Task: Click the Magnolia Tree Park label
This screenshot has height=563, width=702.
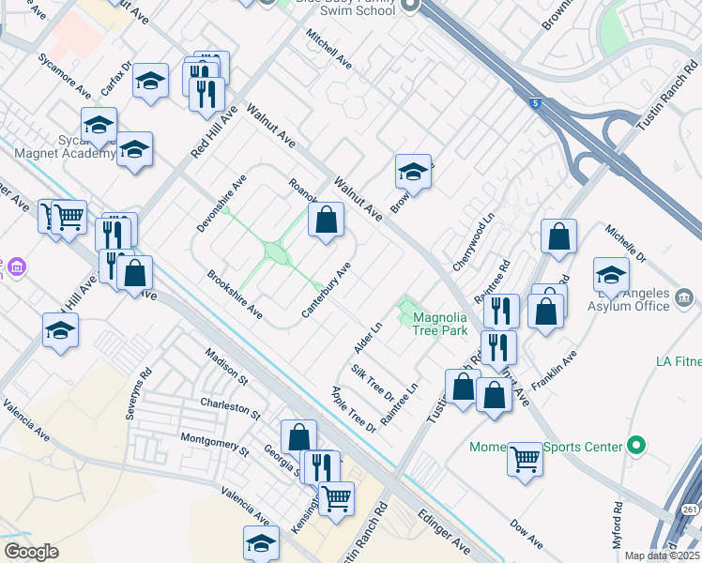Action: (440, 324)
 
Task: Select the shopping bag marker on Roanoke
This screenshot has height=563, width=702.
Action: (326, 221)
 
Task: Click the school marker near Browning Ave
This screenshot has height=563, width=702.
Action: (413, 174)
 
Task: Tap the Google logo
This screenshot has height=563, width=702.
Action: (31, 552)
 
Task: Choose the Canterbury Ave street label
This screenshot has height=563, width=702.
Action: (327, 288)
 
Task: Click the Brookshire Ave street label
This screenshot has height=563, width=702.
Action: (235, 295)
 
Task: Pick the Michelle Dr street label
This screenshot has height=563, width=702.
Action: (626, 244)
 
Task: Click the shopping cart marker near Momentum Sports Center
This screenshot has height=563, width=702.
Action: (526, 460)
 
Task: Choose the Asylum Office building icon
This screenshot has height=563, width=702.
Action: (684, 299)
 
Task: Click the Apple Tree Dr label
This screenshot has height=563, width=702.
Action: (353, 409)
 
